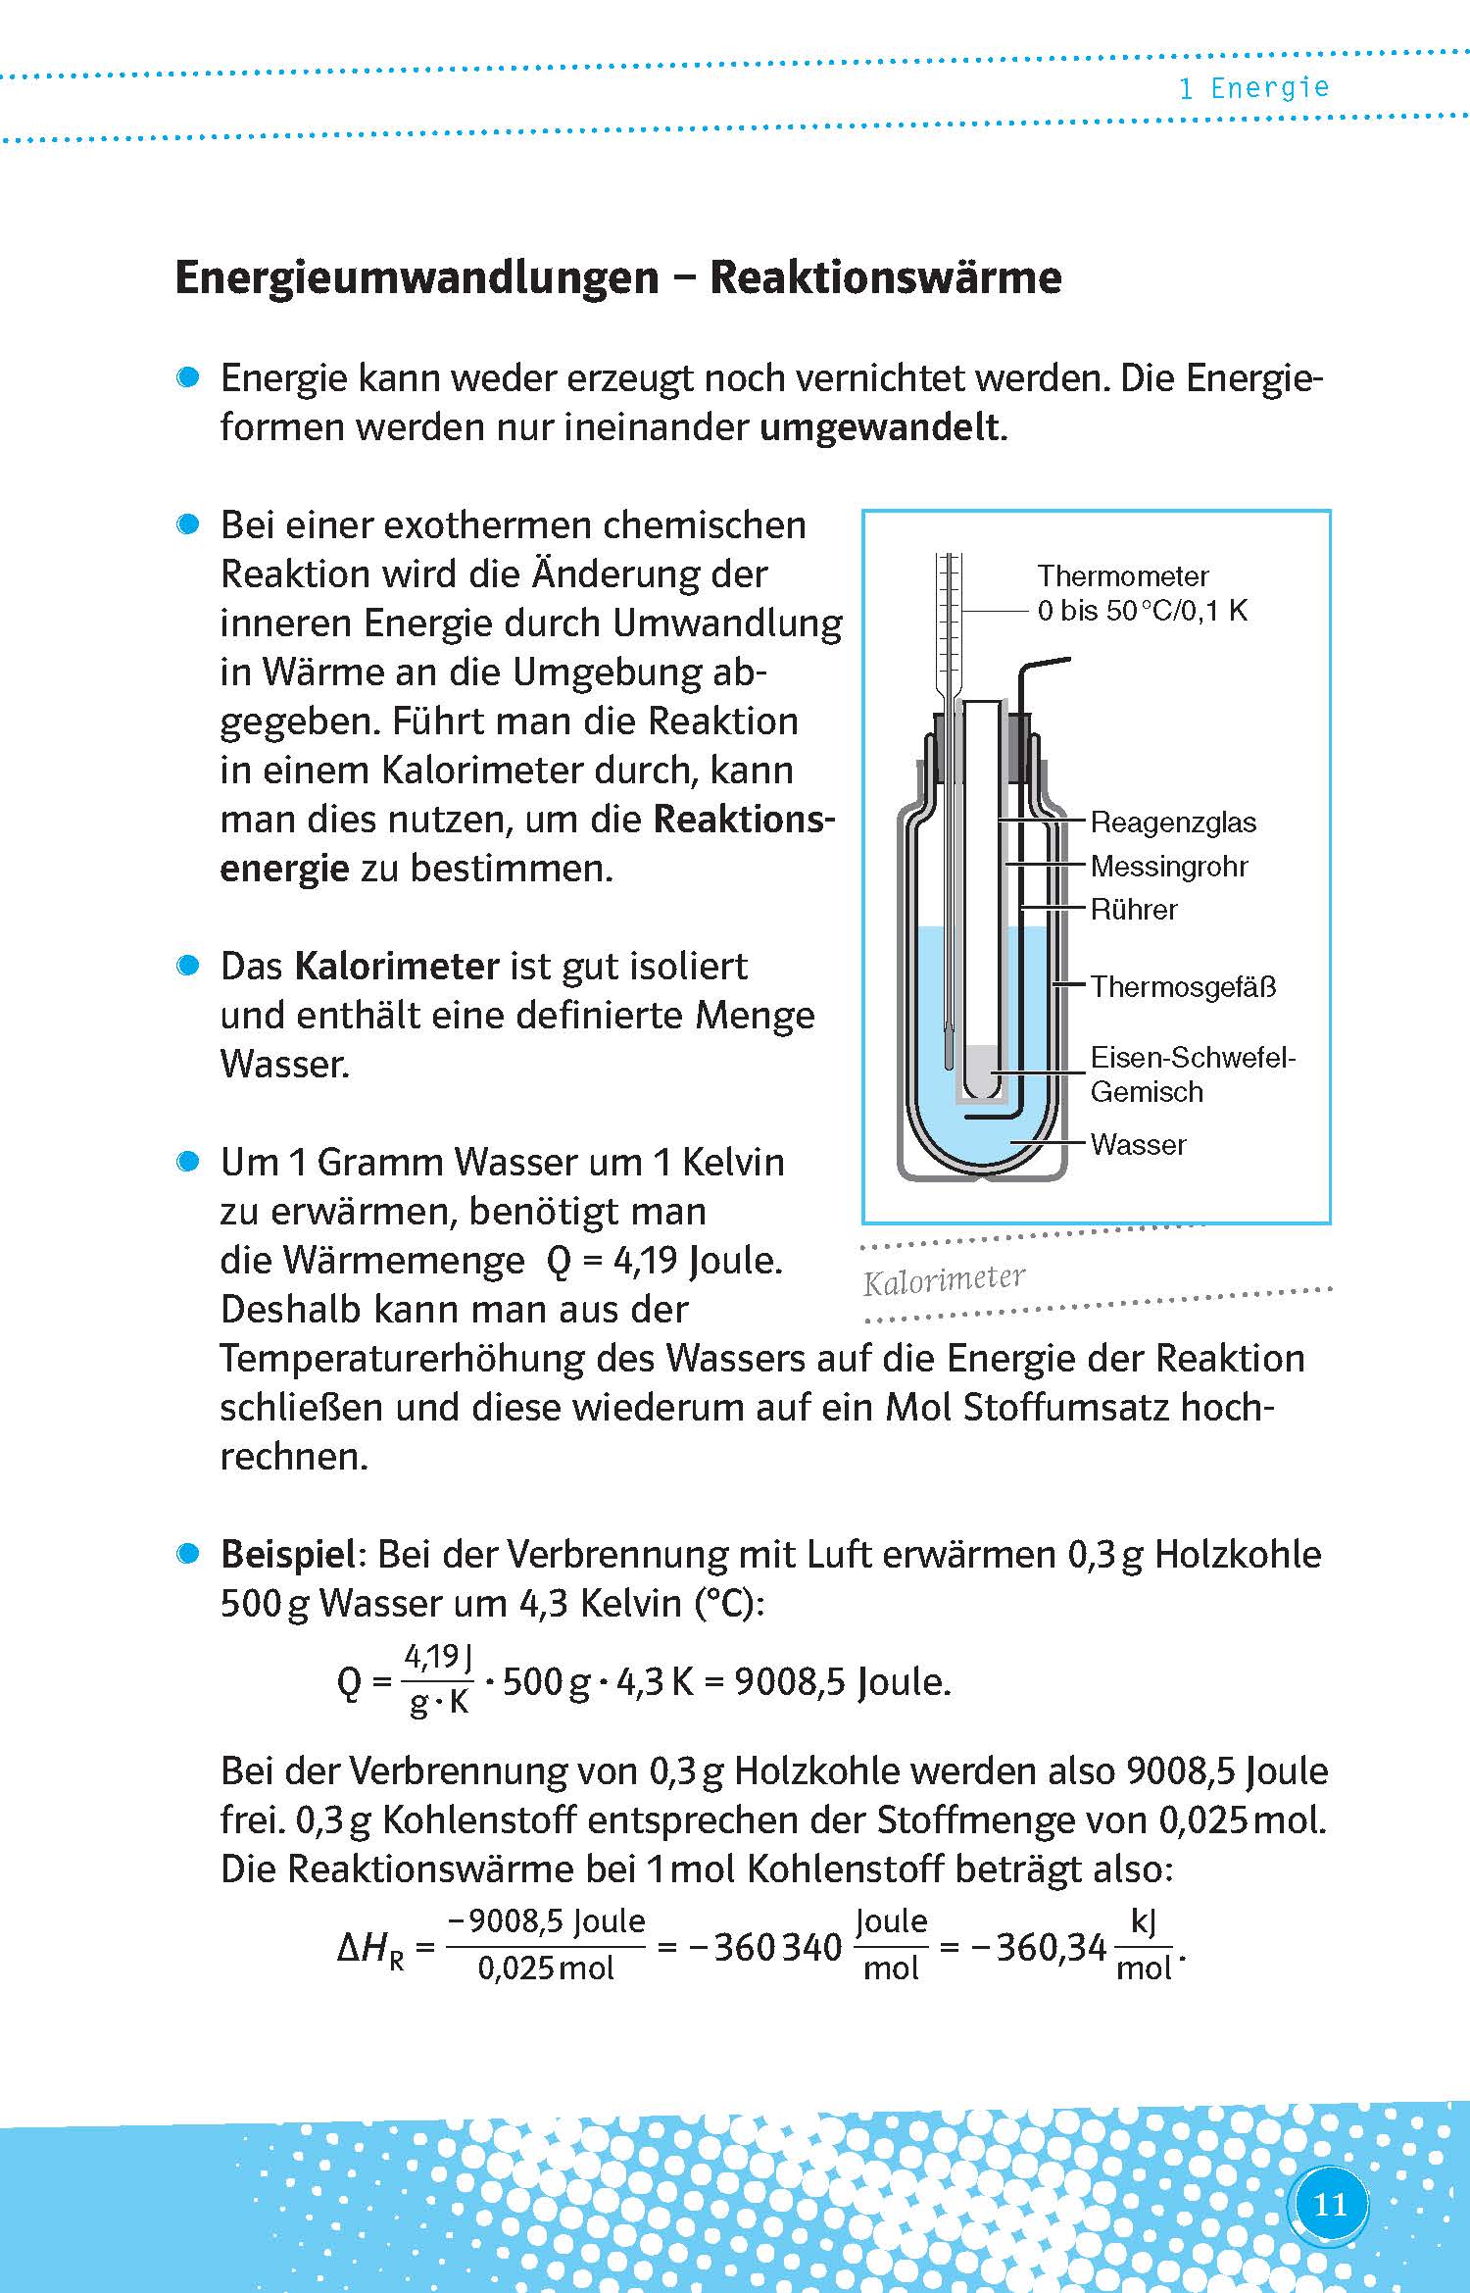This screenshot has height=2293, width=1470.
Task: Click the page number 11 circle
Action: pos(1329,2205)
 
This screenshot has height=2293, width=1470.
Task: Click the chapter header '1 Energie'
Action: pos(1253,88)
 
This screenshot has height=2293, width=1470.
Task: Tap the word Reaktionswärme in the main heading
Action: pos(885,277)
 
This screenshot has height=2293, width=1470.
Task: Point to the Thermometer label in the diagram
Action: pos(1122,575)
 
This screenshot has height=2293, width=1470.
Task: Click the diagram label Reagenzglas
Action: pos(1173,822)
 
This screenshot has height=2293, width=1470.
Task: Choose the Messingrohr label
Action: pos(1169,867)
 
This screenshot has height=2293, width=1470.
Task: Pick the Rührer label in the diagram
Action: pos(1134,910)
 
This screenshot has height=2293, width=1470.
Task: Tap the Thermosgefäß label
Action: pos(1183,986)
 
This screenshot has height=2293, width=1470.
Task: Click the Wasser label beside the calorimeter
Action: pos(1138,1144)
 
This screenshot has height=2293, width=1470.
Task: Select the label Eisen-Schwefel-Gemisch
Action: pos(1191,1074)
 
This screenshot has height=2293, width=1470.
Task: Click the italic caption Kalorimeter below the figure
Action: pos(944,1280)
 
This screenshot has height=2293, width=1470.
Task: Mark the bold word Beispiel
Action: pos(287,1555)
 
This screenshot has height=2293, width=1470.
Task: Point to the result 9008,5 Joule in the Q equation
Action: pos(842,1682)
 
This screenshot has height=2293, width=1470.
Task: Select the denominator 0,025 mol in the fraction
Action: pos(545,1969)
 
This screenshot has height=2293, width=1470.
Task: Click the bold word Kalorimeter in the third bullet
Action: pos(397,967)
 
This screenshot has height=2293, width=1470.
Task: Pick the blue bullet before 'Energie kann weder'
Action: pos(188,378)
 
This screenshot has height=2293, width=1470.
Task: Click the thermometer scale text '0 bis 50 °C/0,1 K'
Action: pos(1142,611)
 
